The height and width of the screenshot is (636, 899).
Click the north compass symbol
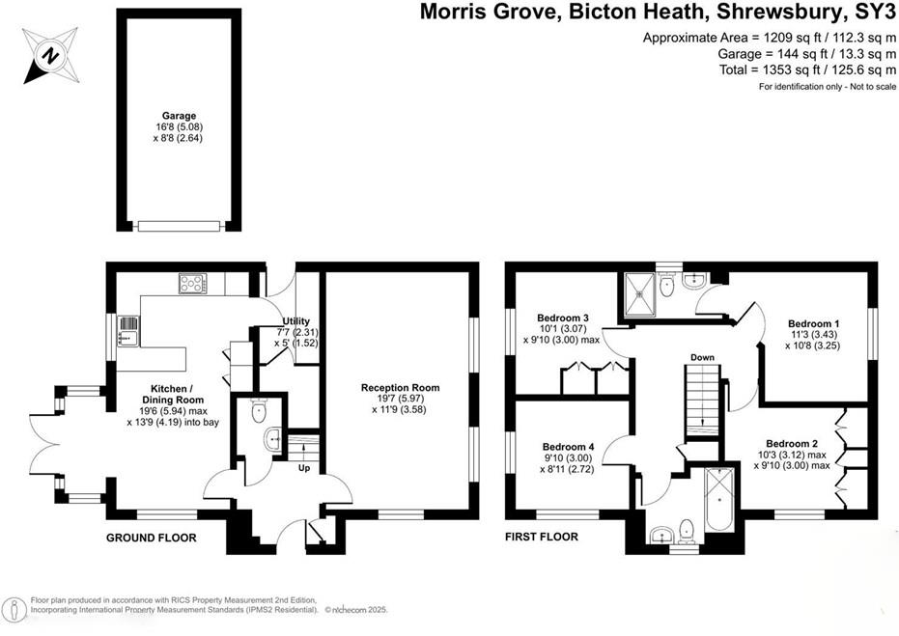tap(48, 53)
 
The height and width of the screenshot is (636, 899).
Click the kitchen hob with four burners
tap(191, 284)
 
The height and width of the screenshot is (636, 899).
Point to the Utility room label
tap(295, 321)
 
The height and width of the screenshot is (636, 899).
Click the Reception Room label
tap(400, 388)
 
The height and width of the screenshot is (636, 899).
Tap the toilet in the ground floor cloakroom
tap(258, 413)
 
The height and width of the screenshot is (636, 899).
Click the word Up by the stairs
tap(304, 468)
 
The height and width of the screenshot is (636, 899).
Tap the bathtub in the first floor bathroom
tap(718, 499)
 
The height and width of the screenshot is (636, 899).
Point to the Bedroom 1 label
tap(813, 324)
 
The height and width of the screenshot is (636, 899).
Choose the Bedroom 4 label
tap(567, 447)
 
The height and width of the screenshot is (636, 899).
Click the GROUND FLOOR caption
tap(151, 538)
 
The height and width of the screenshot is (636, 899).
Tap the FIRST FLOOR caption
tap(542, 537)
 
